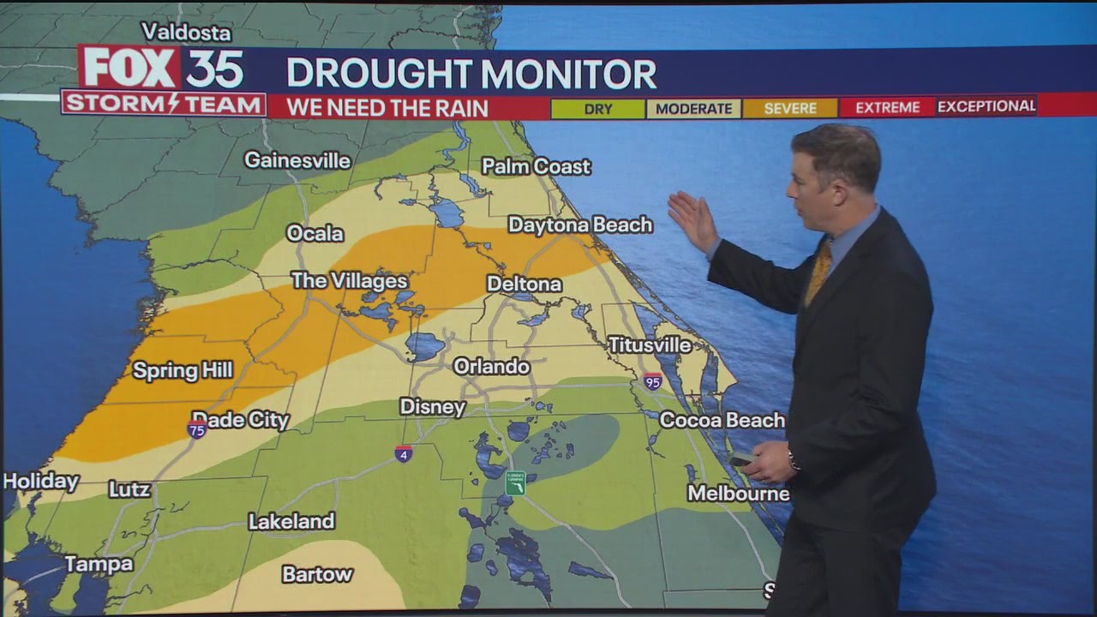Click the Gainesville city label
point(297,160)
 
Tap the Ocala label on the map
point(315,233)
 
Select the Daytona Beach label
point(580,225)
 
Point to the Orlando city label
point(491,366)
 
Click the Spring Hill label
point(183,370)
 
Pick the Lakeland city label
point(291,521)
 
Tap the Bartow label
point(317,574)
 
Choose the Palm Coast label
point(536,166)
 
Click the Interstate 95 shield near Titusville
point(653,381)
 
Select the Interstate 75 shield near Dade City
point(197,429)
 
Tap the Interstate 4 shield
point(404,453)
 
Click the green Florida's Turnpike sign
point(515,483)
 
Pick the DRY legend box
point(597,109)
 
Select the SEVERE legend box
point(789,109)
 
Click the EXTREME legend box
point(887,108)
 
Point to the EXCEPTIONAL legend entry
point(986,106)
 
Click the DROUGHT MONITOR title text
point(471,75)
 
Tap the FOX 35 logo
point(163,69)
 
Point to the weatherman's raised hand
point(692,220)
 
